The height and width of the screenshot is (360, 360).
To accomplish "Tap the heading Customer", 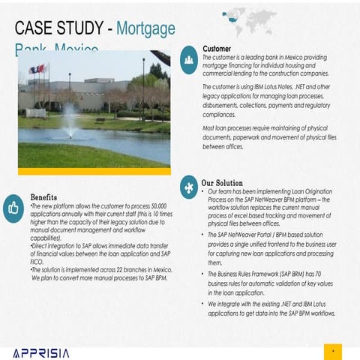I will [217, 49].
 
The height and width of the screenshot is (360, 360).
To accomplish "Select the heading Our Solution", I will [222, 182].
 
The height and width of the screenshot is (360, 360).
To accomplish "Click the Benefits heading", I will [43, 197].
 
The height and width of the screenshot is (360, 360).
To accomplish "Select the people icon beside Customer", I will [190, 63].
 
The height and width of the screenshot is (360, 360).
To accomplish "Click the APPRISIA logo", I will [41, 352].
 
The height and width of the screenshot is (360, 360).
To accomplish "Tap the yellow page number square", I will [332, 351].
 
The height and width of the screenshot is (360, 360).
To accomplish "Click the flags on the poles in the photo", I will [37, 70].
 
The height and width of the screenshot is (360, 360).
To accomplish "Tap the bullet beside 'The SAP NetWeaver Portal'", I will [203, 236].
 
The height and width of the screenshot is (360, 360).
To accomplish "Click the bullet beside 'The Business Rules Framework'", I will [203, 274].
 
